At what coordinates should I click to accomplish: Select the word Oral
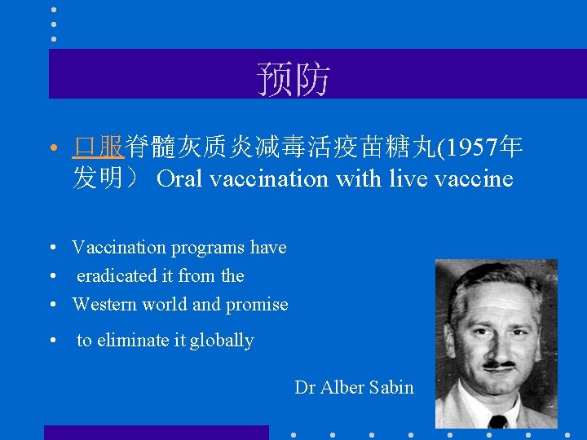pyautogui.click(x=179, y=178)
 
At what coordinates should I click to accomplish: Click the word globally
pyautogui.click(x=222, y=341)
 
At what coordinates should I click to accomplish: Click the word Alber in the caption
pyautogui.click(x=342, y=388)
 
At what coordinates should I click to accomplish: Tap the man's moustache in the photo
pyautogui.click(x=497, y=363)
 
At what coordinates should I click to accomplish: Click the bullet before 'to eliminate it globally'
pyautogui.click(x=51, y=341)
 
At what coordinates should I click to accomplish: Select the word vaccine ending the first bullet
pyautogui.click(x=482, y=178)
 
